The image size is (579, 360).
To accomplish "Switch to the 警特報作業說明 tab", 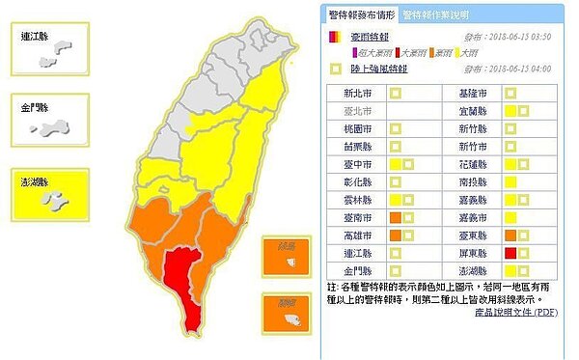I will pyautogui.click(x=435, y=15).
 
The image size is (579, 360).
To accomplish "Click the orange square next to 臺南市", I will pyautogui.click(x=394, y=216).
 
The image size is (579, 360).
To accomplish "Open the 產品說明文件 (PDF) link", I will pyautogui.click(x=516, y=313).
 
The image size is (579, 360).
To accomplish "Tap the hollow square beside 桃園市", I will pyautogui.click(x=394, y=129).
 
